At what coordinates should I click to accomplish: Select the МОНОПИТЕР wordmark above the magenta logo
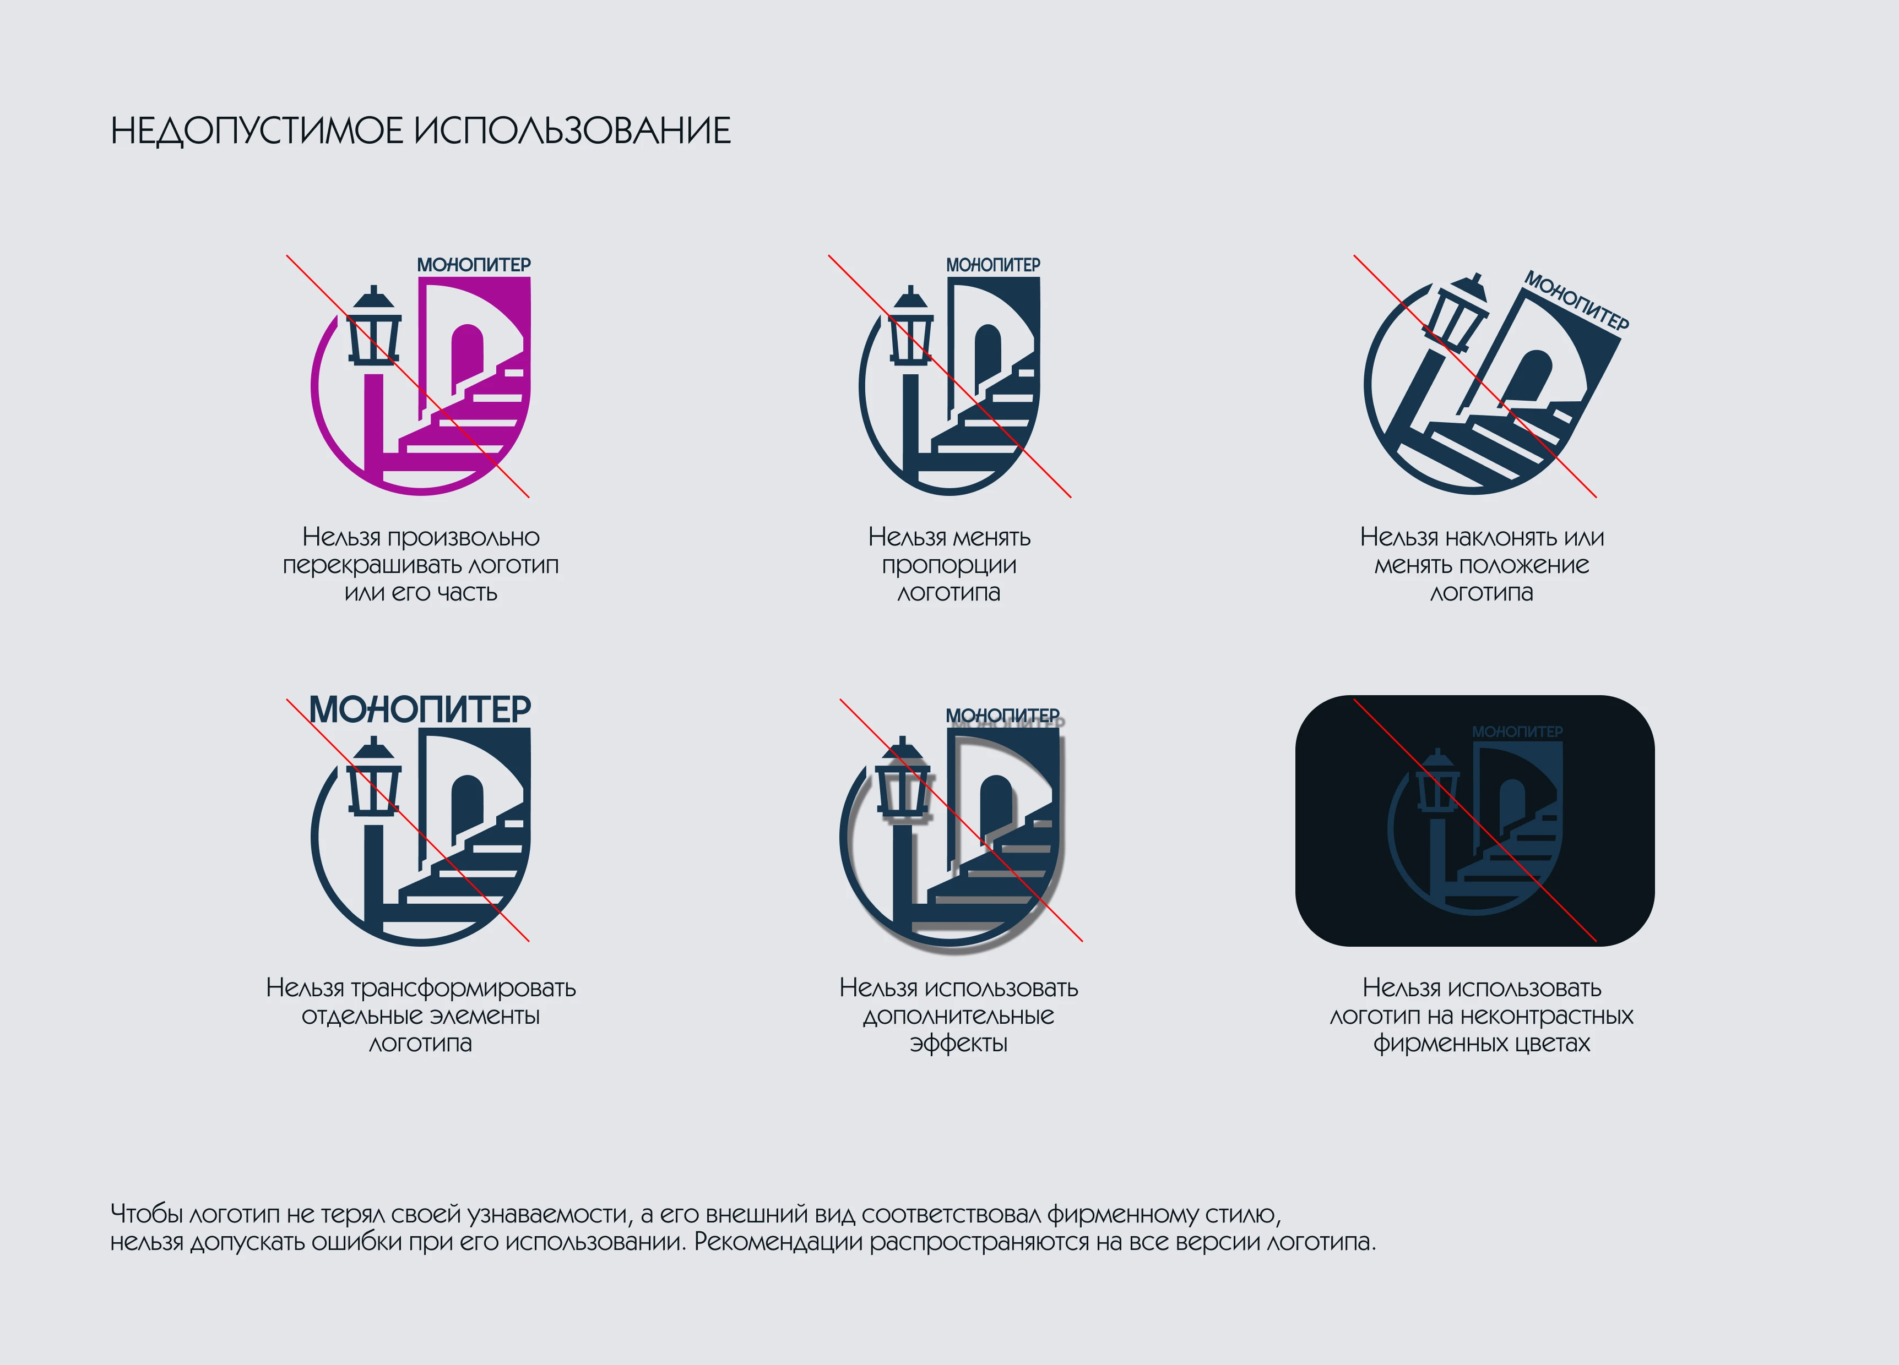point(474,264)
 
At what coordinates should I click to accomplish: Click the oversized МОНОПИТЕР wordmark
point(420,709)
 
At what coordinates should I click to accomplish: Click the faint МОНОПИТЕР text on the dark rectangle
point(1517,731)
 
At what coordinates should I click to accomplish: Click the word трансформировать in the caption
point(463,989)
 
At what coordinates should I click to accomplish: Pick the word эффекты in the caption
point(959,1044)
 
